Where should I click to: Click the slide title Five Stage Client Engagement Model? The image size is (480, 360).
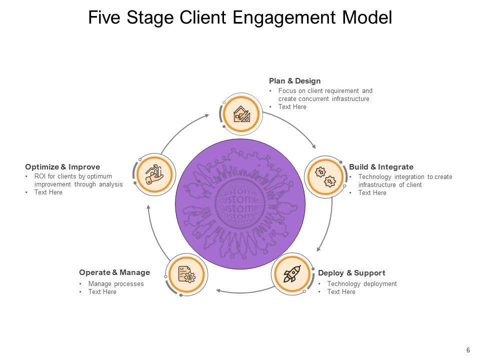[x=240, y=17]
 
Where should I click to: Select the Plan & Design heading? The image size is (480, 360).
[x=294, y=80]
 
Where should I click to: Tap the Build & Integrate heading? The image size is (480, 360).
[x=381, y=166]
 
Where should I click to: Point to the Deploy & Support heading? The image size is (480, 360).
[x=351, y=272]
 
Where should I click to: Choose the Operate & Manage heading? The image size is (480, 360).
[x=114, y=272]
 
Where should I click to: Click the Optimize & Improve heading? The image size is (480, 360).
[x=62, y=166]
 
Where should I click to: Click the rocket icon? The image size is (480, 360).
[x=292, y=274]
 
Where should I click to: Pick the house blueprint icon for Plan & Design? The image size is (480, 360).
[x=242, y=114]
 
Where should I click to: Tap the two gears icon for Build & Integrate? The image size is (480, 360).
[x=325, y=176]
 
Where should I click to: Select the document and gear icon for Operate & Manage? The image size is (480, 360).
[x=186, y=274]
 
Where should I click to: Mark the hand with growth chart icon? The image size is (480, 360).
[x=155, y=173]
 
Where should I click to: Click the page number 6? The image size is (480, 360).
[x=468, y=350]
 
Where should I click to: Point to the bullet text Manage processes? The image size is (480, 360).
[x=116, y=284]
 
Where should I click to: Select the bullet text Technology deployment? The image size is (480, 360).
[x=362, y=284]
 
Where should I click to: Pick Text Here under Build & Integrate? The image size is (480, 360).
[x=372, y=192]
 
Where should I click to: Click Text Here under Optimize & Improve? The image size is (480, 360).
[x=48, y=192]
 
